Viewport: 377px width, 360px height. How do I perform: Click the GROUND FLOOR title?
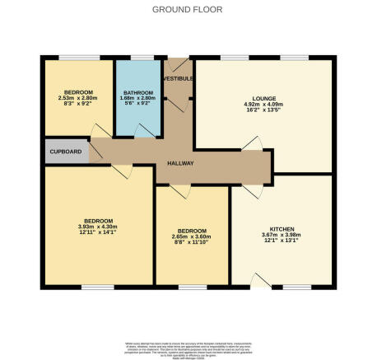click(188, 9)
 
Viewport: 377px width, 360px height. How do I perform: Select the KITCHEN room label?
click(282, 228)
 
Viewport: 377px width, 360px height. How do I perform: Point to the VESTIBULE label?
click(178, 77)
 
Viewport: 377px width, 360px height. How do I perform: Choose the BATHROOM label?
click(138, 92)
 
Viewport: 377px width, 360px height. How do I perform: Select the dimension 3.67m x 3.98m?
click(282, 236)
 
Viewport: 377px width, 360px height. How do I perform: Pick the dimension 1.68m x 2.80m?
click(138, 99)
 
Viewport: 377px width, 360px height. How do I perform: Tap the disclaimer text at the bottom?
click(188, 344)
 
